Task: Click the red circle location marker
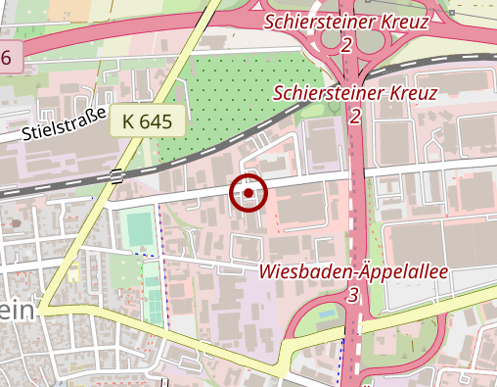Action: pyautogui.click(x=248, y=193)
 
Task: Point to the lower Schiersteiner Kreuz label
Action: pyautogui.click(x=355, y=93)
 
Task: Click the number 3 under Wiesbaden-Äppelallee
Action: pyautogui.click(x=353, y=294)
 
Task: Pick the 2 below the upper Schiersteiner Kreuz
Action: pyautogui.click(x=347, y=45)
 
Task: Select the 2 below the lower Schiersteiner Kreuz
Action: pyautogui.click(x=355, y=117)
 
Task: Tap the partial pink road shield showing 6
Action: pyautogui.click(x=6, y=57)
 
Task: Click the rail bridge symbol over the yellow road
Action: pyautogui.click(x=116, y=176)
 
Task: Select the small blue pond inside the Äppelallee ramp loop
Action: pyautogui.click(x=328, y=315)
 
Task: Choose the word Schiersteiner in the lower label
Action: pyautogui.click(x=329, y=93)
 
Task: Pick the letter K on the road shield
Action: pyautogui.click(x=129, y=122)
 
